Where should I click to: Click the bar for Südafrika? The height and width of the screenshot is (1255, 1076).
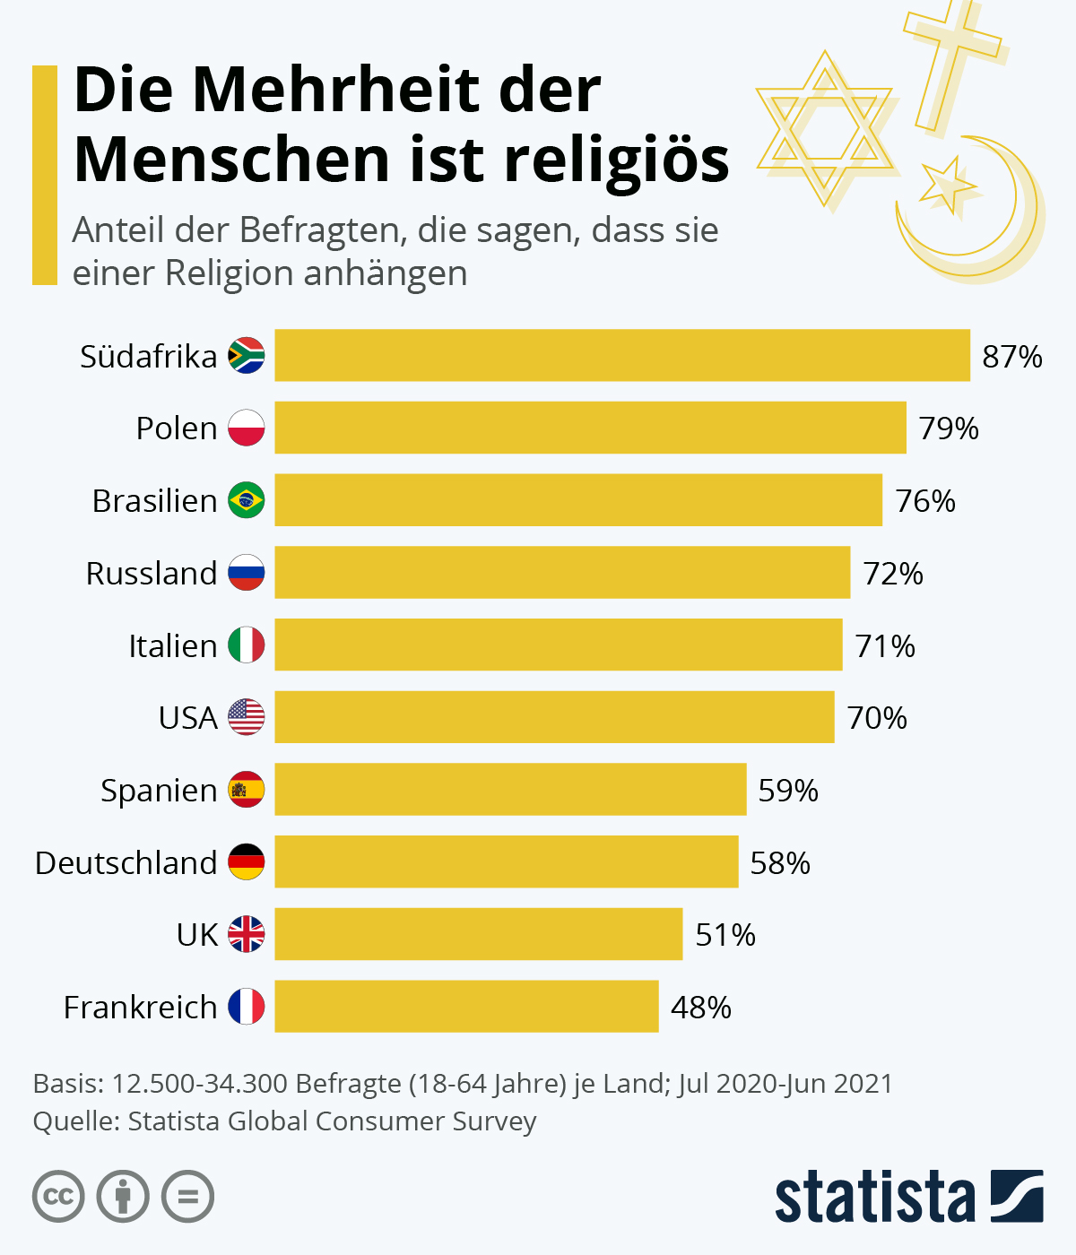pyautogui.click(x=622, y=355)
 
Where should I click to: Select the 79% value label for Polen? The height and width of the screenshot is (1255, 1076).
pyautogui.click(x=949, y=428)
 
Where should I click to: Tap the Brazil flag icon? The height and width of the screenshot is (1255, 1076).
pyautogui.click(x=247, y=500)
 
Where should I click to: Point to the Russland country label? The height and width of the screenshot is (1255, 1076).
pyautogui.click(x=152, y=574)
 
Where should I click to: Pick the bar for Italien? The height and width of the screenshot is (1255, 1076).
pyautogui.click(x=559, y=645)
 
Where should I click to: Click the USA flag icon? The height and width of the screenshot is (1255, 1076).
pyautogui.click(x=247, y=717)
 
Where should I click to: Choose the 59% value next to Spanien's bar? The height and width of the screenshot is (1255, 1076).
pyautogui.click(x=788, y=791)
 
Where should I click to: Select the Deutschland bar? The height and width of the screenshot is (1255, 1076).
pyautogui.click(x=507, y=861)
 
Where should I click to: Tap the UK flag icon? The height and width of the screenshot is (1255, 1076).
pyautogui.click(x=247, y=934)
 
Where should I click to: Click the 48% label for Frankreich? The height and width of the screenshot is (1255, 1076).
pyautogui.click(x=701, y=1008)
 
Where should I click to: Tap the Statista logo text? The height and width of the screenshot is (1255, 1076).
pyautogui.click(x=874, y=1197)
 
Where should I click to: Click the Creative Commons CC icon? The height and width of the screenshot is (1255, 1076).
pyautogui.click(x=59, y=1197)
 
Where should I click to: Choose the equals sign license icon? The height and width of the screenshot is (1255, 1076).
pyautogui.click(x=188, y=1197)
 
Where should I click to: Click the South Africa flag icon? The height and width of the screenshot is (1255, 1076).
pyautogui.click(x=247, y=356)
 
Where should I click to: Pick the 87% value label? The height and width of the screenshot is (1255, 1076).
pyautogui.click(x=1012, y=357)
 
